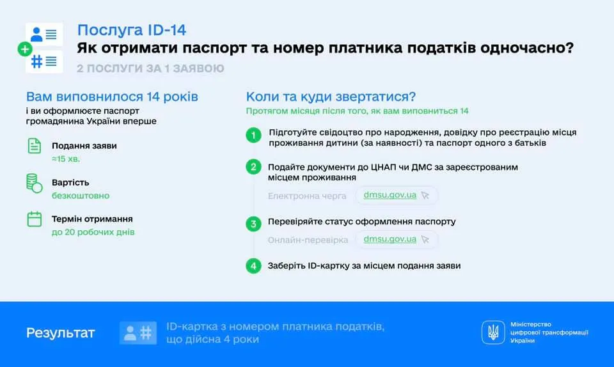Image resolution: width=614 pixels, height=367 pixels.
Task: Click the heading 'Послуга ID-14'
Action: click(132, 30)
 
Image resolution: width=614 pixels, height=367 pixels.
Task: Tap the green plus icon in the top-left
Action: click(24, 49)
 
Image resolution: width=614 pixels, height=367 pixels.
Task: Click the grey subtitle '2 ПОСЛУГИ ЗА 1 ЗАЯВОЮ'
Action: click(150, 68)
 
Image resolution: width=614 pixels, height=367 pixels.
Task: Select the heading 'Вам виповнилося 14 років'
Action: click(112, 97)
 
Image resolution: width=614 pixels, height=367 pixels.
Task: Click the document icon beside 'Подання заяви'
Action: click(34, 146)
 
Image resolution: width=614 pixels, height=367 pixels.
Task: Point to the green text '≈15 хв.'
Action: click(66, 159)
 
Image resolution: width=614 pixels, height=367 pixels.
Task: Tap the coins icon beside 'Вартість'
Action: click(34, 183)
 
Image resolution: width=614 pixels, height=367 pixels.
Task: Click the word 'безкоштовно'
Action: click(81, 196)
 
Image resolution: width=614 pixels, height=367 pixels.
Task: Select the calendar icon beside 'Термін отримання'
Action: click(34, 219)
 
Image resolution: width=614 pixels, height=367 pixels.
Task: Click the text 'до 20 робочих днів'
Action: click(93, 232)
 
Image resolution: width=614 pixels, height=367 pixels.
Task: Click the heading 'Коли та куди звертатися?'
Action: click(331, 97)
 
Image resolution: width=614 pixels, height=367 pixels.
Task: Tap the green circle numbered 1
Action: click(254, 135)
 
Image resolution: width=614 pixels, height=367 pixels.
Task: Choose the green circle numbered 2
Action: click(254, 168)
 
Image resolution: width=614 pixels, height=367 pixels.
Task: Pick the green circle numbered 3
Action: click(254, 223)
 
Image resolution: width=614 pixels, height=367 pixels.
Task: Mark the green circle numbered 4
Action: click(254, 265)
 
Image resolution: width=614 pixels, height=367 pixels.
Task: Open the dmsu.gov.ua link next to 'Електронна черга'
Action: click(390, 195)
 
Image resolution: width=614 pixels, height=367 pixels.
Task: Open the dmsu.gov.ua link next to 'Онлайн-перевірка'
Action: click(390, 239)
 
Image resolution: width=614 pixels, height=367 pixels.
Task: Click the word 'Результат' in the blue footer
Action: click(60, 332)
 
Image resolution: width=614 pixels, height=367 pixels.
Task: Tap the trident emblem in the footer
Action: click(493, 332)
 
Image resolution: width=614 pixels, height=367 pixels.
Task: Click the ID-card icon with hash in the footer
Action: click(138, 332)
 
